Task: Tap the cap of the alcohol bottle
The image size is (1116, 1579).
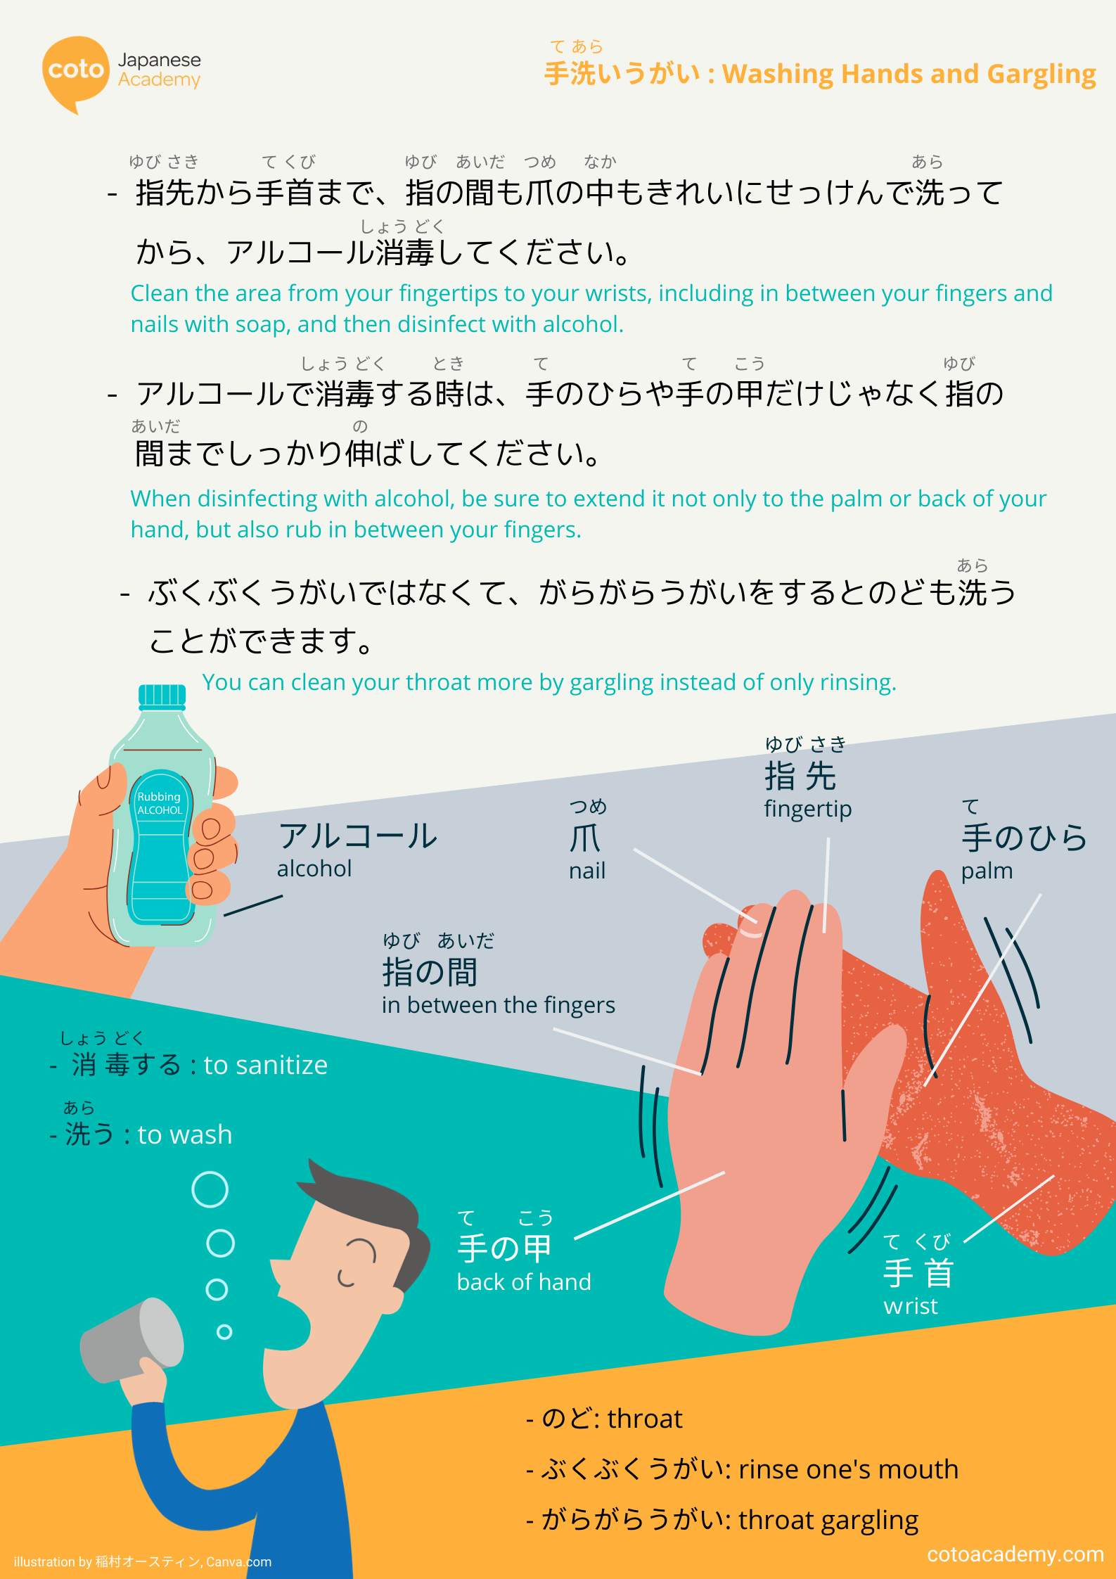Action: pyautogui.click(x=162, y=696)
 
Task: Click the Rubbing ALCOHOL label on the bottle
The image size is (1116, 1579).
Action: pyautogui.click(x=160, y=803)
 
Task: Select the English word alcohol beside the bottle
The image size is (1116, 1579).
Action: pyautogui.click(x=314, y=869)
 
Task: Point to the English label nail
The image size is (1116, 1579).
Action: pyautogui.click(x=587, y=871)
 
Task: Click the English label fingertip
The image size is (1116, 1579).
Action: pyautogui.click(x=808, y=810)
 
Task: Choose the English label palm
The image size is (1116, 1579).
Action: pyautogui.click(x=987, y=871)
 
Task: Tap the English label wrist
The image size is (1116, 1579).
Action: pyautogui.click(x=911, y=1306)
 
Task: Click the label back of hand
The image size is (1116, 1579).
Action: pyautogui.click(x=524, y=1281)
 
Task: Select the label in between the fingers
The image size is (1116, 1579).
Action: pyautogui.click(x=499, y=1005)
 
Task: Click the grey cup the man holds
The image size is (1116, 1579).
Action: pyautogui.click(x=132, y=1340)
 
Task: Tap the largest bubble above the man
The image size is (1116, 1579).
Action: pyautogui.click(x=210, y=1189)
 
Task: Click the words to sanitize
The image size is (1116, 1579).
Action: pyautogui.click(x=266, y=1065)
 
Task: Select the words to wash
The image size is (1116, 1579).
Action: pyautogui.click(x=185, y=1134)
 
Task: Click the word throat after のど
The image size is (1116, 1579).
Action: pyautogui.click(x=645, y=1419)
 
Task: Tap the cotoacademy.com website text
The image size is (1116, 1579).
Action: pyautogui.click(x=1015, y=1554)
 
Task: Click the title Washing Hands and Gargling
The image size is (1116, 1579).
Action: pyautogui.click(x=909, y=74)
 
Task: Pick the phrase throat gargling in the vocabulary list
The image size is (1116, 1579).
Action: pyautogui.click(x=828, y=1521)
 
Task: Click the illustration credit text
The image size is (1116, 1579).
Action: pyautogui.click(x=143, y=1561)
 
